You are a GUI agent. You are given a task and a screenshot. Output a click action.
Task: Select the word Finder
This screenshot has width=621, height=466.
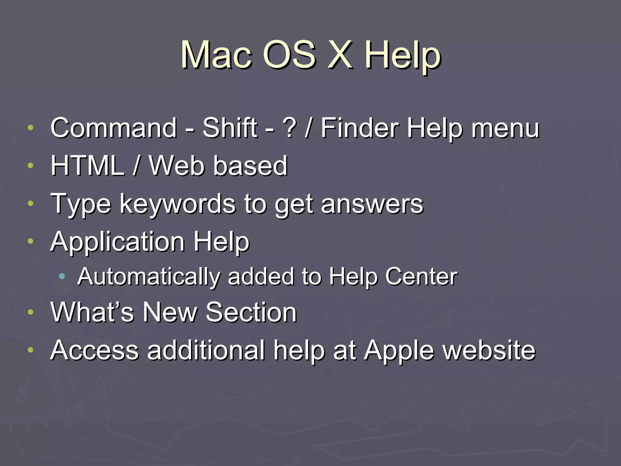(x=359, y=128)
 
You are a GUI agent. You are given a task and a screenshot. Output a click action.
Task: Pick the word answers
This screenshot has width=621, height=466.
(x=372, y=204)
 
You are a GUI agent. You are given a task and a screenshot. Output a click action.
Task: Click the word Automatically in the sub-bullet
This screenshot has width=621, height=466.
(x=149, y=277)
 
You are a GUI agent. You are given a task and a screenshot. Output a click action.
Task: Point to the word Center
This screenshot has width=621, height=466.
(x=421, y=276)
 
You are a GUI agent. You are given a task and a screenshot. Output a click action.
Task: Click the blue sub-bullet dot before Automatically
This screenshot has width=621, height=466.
(x=62, y=276)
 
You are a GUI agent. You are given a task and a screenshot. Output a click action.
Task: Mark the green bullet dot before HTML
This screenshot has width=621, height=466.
(x=30, y=165)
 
